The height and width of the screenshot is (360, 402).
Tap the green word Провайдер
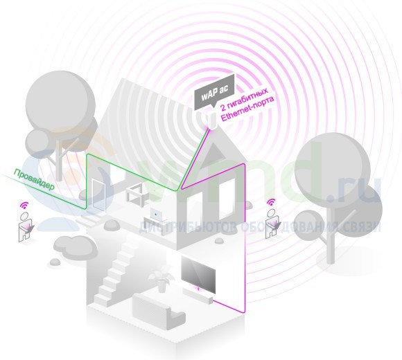tap(34, 179)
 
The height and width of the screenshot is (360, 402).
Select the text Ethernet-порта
tap(247, 109)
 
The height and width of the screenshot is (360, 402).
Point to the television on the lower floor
tap(198, 275)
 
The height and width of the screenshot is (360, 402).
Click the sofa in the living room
tap(158, 311)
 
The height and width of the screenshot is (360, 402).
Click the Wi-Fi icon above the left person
tap(25, 205)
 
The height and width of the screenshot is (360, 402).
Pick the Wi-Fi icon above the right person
tap(271, 202)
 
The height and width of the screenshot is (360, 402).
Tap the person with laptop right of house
tap(272, 224)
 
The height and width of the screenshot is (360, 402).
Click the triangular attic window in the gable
tap(215, 154)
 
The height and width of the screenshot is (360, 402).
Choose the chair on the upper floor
tap(137, 194)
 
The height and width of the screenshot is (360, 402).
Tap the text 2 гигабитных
tap(245, 98)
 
